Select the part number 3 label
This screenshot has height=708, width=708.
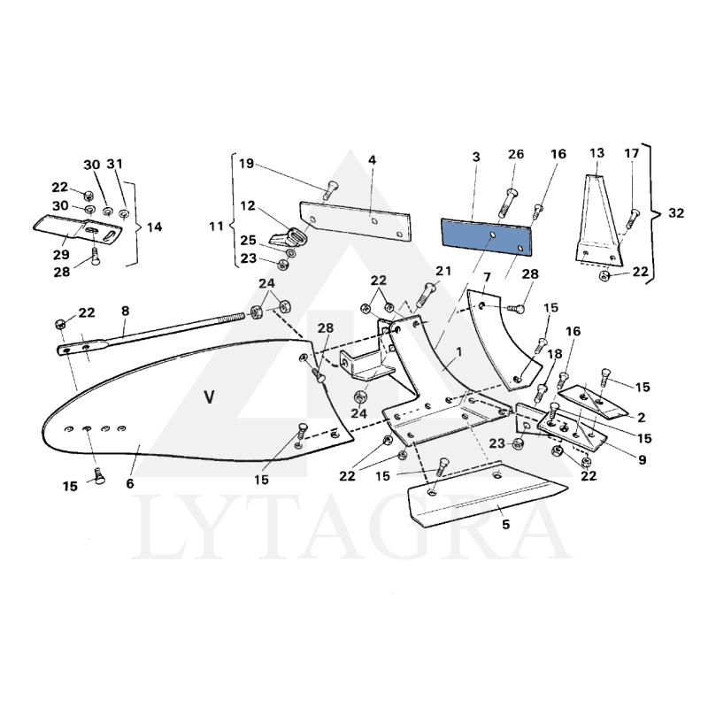tap(475, 157)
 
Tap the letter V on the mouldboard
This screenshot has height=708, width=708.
tap(209, 397)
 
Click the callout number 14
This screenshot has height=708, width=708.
tap(155, 227)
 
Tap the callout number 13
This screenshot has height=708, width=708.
tap(596, 153)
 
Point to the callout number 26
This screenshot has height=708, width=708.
tap(516, 156)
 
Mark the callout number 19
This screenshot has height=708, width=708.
tap(246, 163)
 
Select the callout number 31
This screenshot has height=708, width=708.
tap(115, 165)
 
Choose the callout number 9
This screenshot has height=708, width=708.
tap(642, 460)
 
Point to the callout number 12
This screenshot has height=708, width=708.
tap(247, 205)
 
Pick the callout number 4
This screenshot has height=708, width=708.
tap(373, 160)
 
